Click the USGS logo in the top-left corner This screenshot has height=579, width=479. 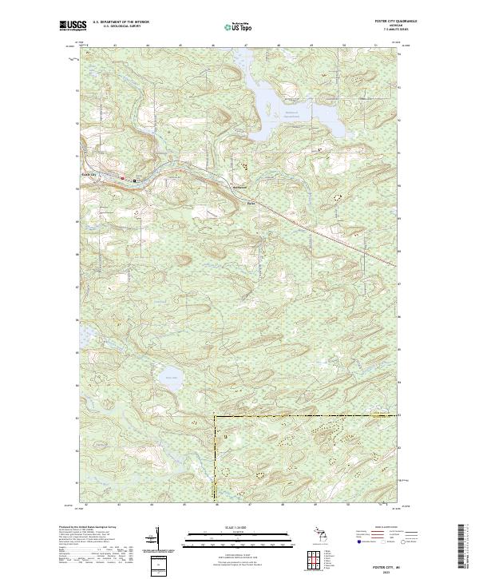pos(73,26)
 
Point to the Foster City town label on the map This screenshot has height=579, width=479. pos(88,174)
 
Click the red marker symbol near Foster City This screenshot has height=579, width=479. pos(122,177)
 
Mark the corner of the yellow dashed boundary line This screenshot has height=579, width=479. pos(214,416)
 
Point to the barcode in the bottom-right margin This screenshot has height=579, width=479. pos(461,547)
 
